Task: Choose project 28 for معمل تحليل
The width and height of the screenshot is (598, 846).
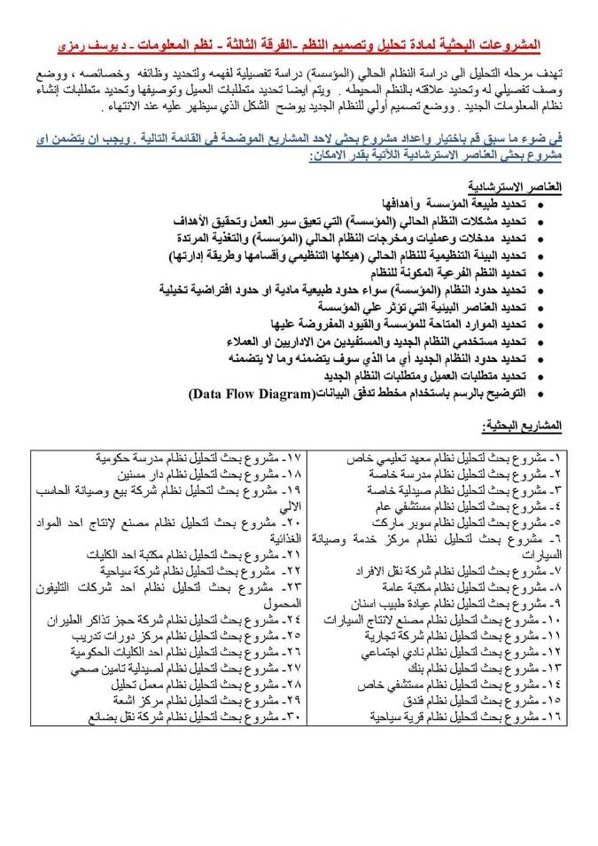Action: click(x=195, y=684)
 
